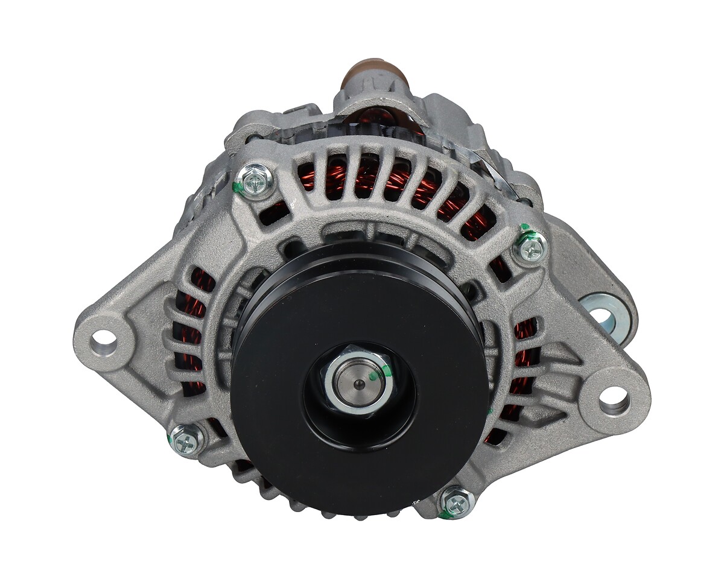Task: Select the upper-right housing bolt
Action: [x=530, y=245]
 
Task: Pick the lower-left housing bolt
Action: [x=186, y=439]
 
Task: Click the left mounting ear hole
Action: [x=104, y=337]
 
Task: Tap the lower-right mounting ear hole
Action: [x=614, y=396]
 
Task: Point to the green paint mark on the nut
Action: [x=375, y=375]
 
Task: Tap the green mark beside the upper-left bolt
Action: [x=238, y=188]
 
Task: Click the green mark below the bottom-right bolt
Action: [x=446, y=515]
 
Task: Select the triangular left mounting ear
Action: [x=121, y=338]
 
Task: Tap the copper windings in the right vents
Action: [x=524, y=338]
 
